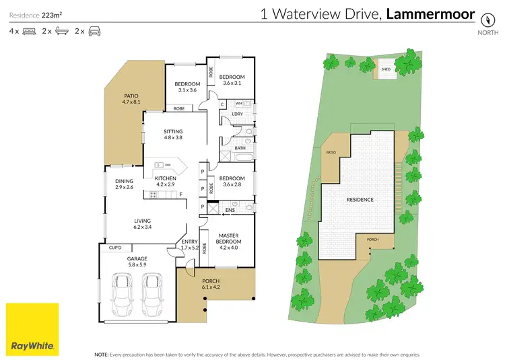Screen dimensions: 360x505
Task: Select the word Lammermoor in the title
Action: (x=431, y=13)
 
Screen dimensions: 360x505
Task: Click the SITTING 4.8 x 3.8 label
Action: (x=173, y=135)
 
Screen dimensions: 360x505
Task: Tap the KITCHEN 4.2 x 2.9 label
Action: (x=165, y=181)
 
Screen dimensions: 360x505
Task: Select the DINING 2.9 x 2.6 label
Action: (x=124, y=184)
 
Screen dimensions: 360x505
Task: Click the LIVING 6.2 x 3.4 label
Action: (x=142, y=224)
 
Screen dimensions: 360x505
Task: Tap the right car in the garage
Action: (x=154, y=292)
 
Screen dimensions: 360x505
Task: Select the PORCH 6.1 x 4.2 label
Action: (x=211, y=285)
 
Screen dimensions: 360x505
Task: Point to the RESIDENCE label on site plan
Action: (x=360, y=199)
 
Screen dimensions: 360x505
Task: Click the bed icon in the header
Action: (x=29, y=32)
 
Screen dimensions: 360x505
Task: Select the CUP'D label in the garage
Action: (x=115, y=248)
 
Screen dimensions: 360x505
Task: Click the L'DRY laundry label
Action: (x=237, y=114)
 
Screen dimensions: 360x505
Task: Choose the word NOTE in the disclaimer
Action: (x=101, y=353)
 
